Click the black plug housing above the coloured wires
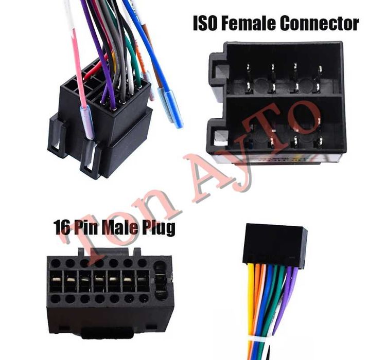[x=275, y=244]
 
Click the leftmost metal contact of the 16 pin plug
[x=56, y=279]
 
